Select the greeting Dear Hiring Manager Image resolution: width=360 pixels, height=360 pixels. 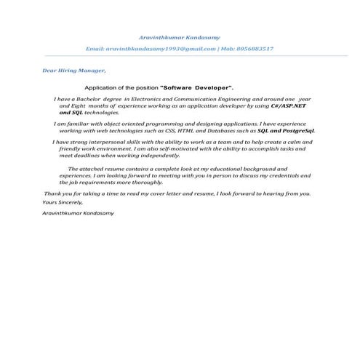[x=74, y=71]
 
